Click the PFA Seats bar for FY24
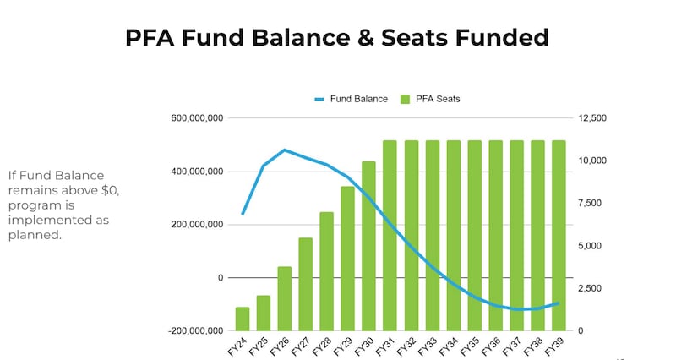click(243, 319)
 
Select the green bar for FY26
click(285, 299)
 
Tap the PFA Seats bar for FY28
click(327, 271)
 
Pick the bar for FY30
click(368, 246)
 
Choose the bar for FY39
click(559, 236)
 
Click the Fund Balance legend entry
click(352, 99)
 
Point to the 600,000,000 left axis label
click(196, 118)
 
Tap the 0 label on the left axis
click(221, 278)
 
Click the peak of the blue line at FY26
click(285, 150)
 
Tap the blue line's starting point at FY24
click(243, 214)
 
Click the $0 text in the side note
click(112, 190)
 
